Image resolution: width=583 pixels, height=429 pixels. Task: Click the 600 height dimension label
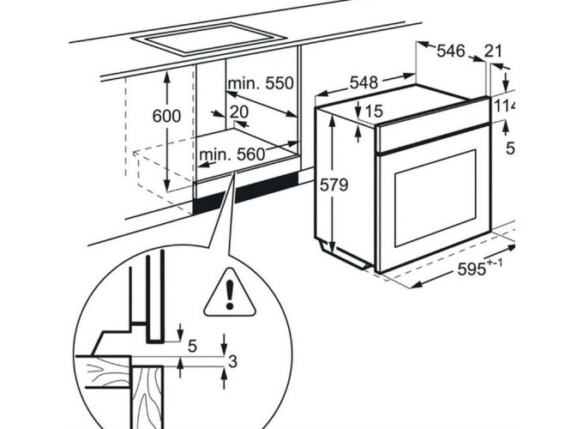click(x=167, y=117)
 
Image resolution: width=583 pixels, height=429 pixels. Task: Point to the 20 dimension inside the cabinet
click(x=239, y=112)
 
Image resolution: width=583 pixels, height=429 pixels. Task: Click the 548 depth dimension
click(x=364, y=82)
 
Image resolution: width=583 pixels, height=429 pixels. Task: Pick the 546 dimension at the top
click(x=450, y=51)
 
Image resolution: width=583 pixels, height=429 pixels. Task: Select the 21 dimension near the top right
click(x=494, y=51)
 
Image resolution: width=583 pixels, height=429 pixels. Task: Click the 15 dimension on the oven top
click(x=373, y=111)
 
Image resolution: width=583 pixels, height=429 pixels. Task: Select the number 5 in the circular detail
click(x=192, y=346)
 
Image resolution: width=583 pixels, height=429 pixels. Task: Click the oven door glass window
click(x=434, y=198)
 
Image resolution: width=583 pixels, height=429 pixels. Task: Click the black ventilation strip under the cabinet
click(x=249, y=194)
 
